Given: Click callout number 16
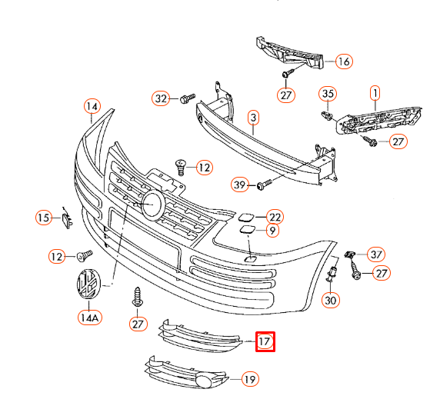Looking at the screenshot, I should pyautogui.click(x=343, y=62).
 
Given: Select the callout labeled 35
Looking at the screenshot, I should pyautogui.click(x=328, y=95).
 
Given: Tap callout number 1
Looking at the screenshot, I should pyautogui.click(x=375, y=95).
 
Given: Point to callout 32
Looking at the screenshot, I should pyautogui.click(x=160, y=98).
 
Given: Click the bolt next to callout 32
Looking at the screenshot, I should pyautogui.click(x=185, y=99).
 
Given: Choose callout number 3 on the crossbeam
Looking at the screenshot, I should pyautogui.click(x=252, y=118).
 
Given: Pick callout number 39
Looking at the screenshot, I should pyautogui.click(x=240, y=185).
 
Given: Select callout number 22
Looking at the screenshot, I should pyautogui.click(x=275, y=217).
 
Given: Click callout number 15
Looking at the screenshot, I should pyautogui.click(x=44, y=218).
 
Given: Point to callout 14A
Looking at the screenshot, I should pyautogui.click(x=89, y=317).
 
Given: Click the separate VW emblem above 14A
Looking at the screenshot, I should pyautogui.click(x=88, y=287).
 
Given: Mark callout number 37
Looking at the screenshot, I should pyautogui.click(x=375, y=254).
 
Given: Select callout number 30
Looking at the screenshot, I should pyautogui.click(x=331, y=301).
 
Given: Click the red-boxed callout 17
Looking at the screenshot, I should pyautogui.click(x=265, y=340).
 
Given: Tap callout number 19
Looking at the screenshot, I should pyautogui.click(x=249, y=379).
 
